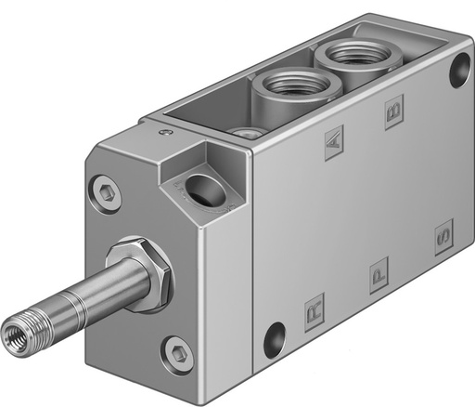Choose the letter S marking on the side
click(x=443, y=239)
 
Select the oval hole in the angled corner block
click(x=199, y=189)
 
